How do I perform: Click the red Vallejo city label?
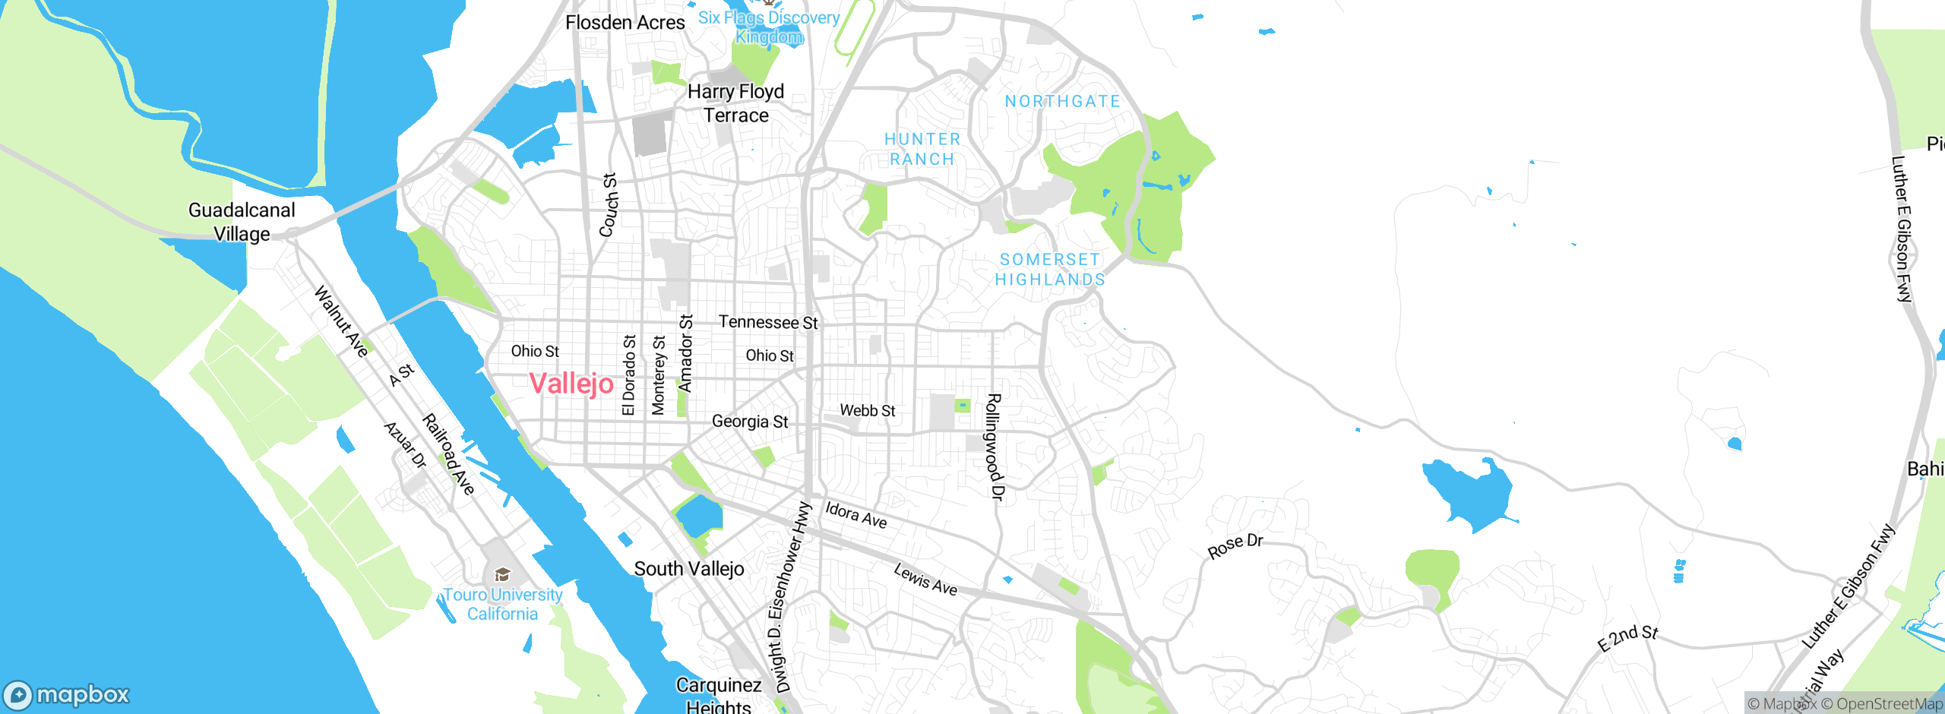tap(571, 384)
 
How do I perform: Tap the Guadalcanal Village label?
tap(242, 222)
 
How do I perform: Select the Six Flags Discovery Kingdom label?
tap(769, 27)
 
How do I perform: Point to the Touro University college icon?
tap(501, 574)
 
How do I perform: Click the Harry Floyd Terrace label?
tap(735, 103)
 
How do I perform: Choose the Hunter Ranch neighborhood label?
tap(922, 149)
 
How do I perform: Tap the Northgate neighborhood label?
tap(1062, 101)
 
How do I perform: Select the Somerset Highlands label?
tap(1050, 270)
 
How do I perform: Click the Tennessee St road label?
tap(768, 322)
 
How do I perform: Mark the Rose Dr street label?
tap(1235, 545)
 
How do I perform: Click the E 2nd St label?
tap(1627, 638)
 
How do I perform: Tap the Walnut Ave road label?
tap(342, 321)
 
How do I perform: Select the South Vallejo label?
tap(689, 569)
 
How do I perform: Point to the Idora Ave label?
tap(856, 514)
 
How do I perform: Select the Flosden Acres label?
tap(625, 23)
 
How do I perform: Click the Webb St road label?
tap(867, 410)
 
